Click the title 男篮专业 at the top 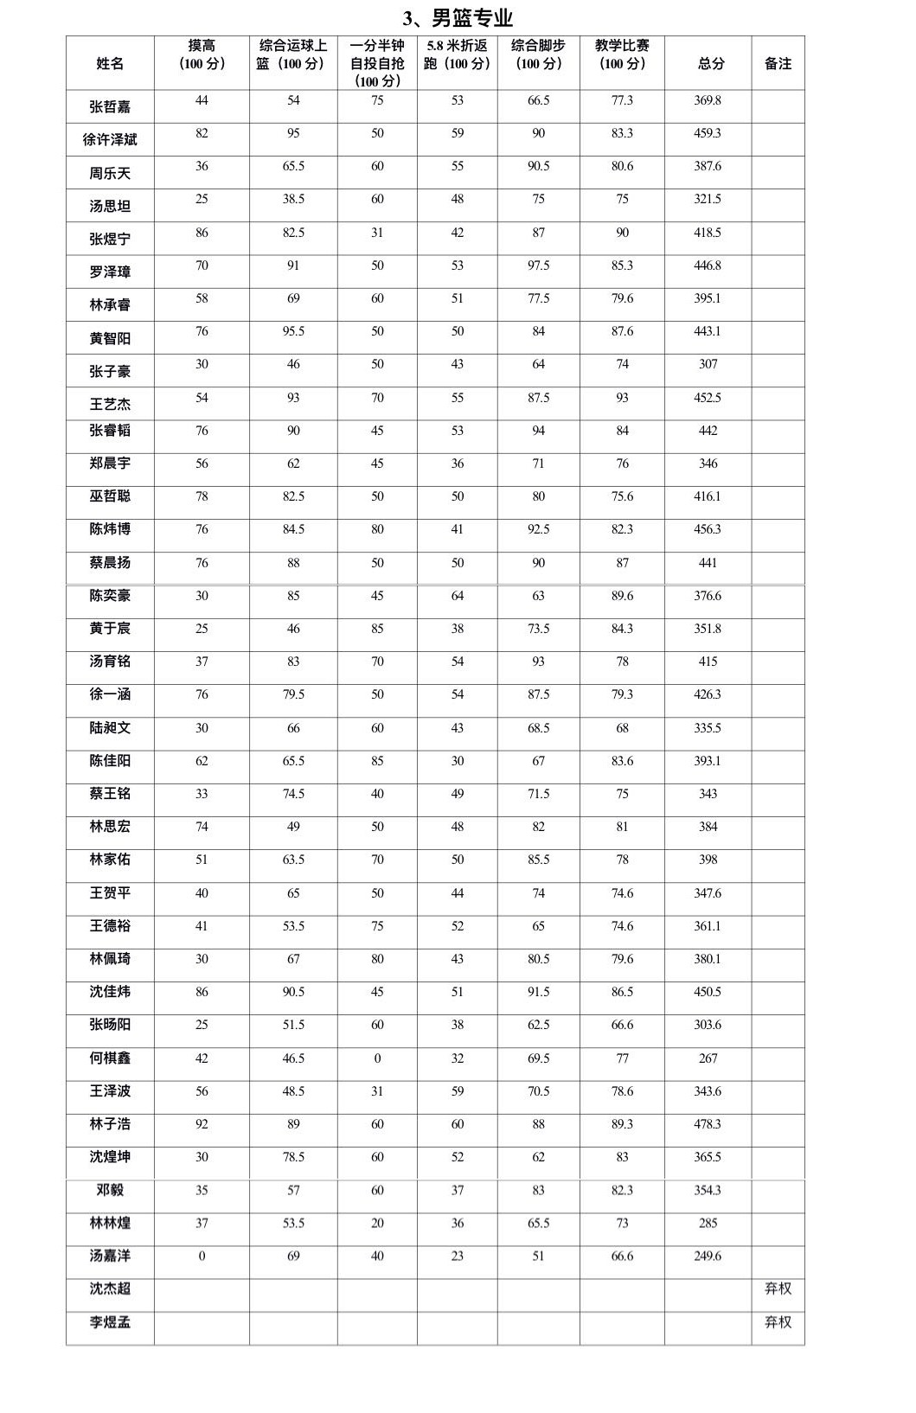[458, 18]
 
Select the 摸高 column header [202, 54]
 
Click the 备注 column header [778, 63]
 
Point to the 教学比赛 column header [622, 54]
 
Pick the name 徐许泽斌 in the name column [110, 139]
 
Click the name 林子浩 [110, 1124]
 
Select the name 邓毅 [110, 1190]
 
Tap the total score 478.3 [708, 1124]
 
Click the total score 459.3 [708, 133]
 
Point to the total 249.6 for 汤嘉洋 [708, 1256]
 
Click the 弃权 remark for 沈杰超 [778, 1288]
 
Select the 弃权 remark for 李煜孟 [778, 1322]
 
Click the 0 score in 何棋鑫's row [377, 1058]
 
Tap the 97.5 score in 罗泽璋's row [538, 265]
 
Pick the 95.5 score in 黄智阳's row [293, 331]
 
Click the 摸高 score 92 [202, 1124]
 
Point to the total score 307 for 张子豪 [708, 364]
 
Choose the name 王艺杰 [110, 404]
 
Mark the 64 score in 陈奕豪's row [458, 596]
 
